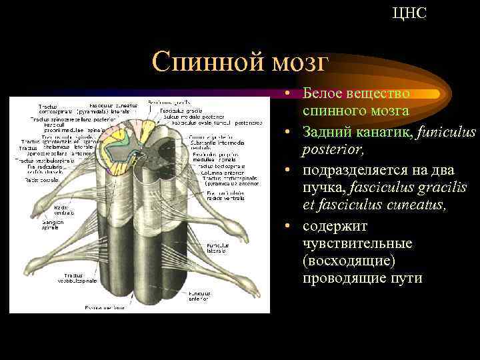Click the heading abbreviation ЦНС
pyautogui.click(x=409, y=13)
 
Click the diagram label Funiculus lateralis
pyautogui.click(x=218, y=249)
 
